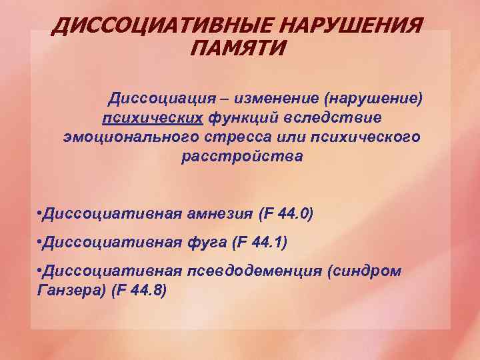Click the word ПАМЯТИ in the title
tap(239, 48)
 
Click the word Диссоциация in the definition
tap(159, 99)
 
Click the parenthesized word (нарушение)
tap(373, 99)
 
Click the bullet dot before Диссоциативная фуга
tap(39, 243)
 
